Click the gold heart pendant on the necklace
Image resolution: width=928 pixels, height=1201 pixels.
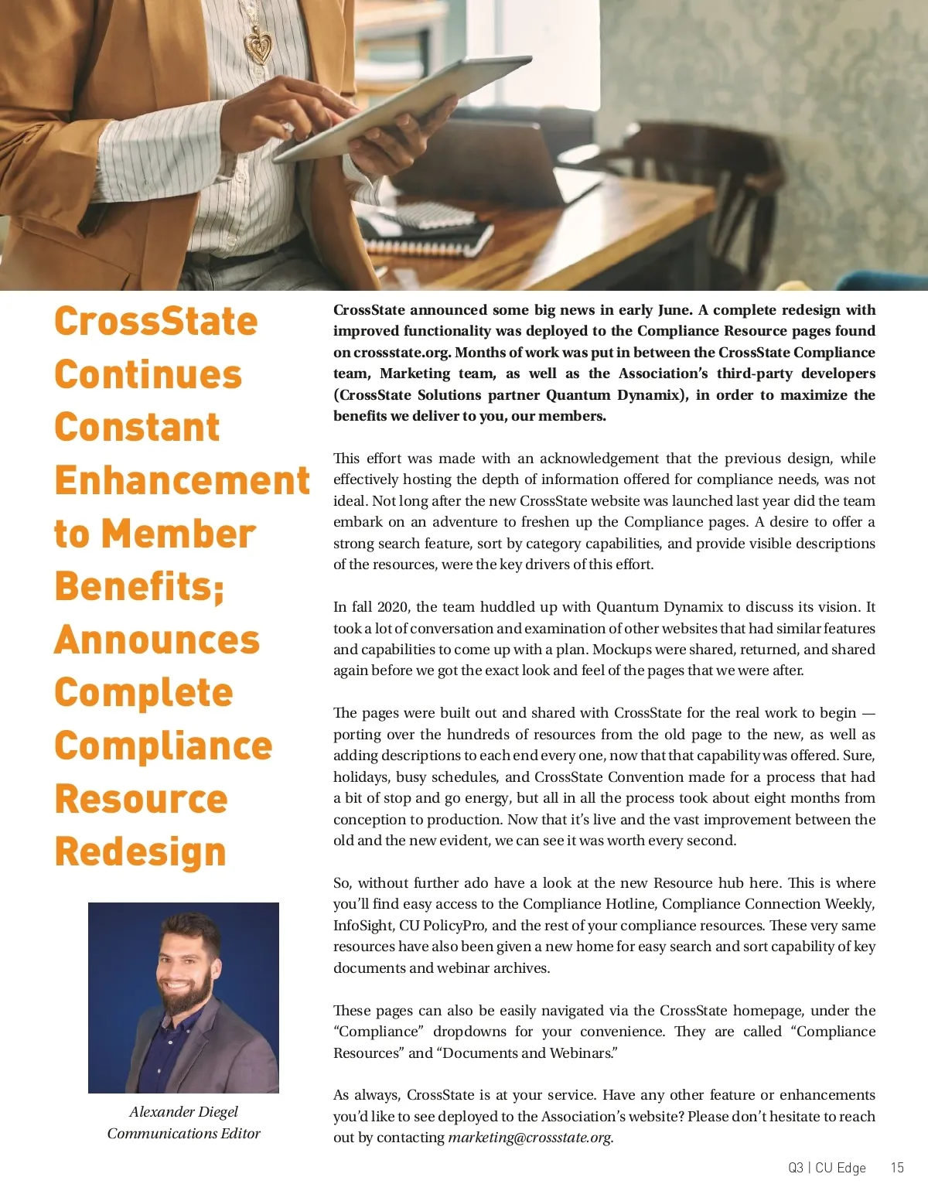pos(260,46)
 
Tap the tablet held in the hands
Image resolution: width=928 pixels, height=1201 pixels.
pos(402,108)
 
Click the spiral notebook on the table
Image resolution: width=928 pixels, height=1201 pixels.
pos(433,232)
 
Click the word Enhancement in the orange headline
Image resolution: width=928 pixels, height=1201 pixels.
pos(182,480)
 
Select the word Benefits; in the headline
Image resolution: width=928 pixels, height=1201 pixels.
pos(139,586)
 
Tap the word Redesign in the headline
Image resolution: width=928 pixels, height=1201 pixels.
pos(140,851)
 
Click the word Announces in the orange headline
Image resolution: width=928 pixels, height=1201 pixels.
pos(157,640)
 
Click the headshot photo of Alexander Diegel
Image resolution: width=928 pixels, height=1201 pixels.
pos(183,998)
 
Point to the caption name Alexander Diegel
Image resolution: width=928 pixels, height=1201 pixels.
pos(183,1111)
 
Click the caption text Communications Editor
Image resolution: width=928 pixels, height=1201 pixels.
pos(183,1133)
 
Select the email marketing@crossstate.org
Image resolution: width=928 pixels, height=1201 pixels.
pos(530,1138)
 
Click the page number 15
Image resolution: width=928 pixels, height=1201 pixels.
pos(897,1168)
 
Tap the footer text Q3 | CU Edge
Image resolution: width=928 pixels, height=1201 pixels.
pos(827,1168)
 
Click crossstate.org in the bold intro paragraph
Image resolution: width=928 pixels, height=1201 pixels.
pos(401,353)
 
